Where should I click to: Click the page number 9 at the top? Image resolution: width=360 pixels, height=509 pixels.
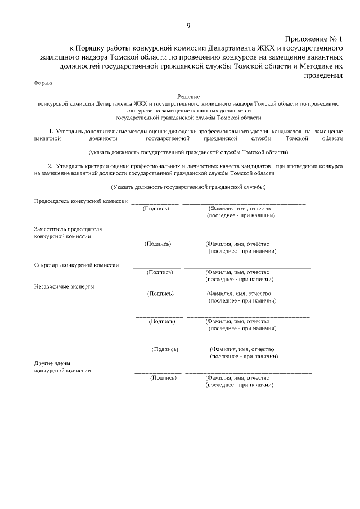[x=188, y=25]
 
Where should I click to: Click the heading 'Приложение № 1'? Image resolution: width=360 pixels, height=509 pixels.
[x=314, y=39]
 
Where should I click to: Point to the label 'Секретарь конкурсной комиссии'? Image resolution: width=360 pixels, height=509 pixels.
[x=76, y=265]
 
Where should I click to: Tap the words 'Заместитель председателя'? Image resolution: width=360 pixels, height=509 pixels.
[x=68, y=229]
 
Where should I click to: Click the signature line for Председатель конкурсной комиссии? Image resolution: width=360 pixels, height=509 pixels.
[x=155, y=202]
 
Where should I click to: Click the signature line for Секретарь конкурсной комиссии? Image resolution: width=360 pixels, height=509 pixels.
[x=157, y=267]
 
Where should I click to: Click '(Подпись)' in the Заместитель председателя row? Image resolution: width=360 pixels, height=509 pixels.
[x=157, y=244]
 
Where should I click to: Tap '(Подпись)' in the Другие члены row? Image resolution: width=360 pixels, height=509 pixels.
[x=164, y=378]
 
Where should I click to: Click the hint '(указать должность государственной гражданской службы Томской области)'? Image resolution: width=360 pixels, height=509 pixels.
[x=188, y=152]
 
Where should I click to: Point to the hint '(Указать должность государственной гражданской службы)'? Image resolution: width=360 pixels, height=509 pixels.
[x=188, y=187]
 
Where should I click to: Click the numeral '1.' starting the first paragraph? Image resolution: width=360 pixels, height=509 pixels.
[x=51, y=131]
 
